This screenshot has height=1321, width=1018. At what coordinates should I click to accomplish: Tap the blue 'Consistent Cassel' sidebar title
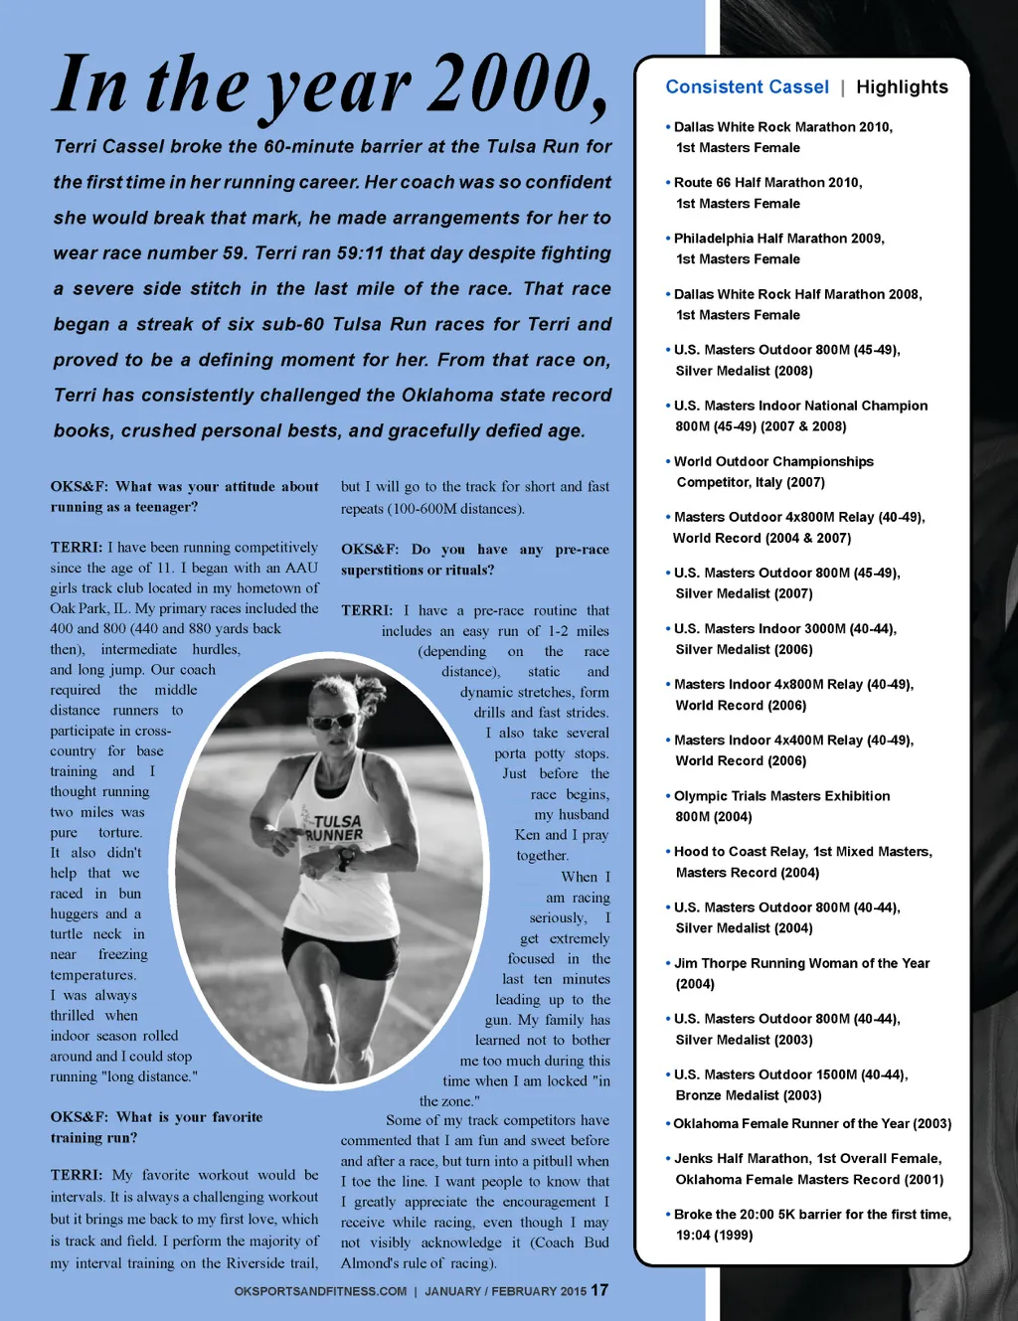click(747, 87)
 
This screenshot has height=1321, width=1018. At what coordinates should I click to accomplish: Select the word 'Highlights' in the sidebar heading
click(902, 87)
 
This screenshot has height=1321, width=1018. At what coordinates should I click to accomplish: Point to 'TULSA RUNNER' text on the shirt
click(336, 828)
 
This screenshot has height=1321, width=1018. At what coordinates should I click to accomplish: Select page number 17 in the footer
click(599, 1290)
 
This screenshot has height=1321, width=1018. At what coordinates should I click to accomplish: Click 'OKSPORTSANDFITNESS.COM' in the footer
click(320, 1291)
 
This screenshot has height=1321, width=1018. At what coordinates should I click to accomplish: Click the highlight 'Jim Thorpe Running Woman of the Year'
click(801, 963)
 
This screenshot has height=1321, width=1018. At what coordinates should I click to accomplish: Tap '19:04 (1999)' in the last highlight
click(714, 1235)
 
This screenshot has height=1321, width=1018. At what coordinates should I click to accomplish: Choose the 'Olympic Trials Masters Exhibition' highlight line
click(781, 796)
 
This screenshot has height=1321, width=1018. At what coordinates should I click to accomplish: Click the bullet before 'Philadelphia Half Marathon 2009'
click(668, 239)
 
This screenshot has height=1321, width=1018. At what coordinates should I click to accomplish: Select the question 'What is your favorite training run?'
click(156, 1127)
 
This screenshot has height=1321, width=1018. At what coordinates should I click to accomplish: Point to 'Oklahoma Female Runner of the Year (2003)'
click(812, 1123)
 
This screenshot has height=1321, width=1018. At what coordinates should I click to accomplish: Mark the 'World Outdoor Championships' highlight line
click(773, 461)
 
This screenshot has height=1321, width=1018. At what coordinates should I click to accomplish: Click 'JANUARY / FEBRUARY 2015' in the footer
click(506, 1291)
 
